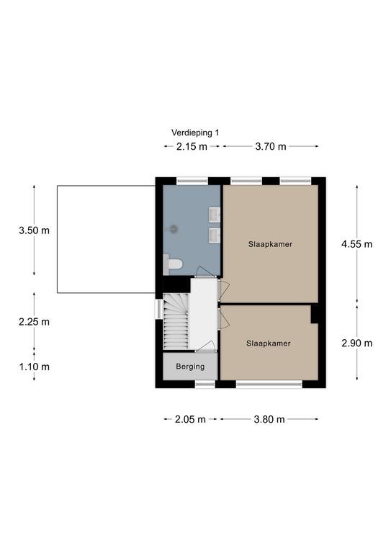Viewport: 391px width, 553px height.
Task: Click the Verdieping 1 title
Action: click(195, 132)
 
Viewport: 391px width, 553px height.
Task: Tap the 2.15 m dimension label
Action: click(192, 146)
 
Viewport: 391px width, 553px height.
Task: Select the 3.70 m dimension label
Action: click(271, 146)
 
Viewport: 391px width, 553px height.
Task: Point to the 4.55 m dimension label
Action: click(356, 244)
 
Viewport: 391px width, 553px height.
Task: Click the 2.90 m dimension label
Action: click(356, 343)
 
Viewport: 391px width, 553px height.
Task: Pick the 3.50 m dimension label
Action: click(34, 230)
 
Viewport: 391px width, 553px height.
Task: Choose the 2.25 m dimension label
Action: click(34, 322)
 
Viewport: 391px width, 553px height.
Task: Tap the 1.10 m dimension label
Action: click(34, 367)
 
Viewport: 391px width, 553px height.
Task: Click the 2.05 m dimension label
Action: click(190, 419)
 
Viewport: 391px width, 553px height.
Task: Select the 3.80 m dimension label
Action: click(269, 419)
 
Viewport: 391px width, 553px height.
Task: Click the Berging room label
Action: click(190, 367)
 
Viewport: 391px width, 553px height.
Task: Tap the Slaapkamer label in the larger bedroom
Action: click(271, 244)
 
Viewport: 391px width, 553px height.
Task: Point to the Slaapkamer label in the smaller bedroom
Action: click(269, 343)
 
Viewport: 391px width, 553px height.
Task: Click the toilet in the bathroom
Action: click(173, 264)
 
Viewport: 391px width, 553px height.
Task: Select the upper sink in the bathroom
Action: click(215, 215)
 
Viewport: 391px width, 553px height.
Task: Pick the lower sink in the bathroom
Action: click(215, 235)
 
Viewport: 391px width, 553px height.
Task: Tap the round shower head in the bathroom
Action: click(173, 229)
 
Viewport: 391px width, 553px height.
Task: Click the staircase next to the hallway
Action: click(176, 322)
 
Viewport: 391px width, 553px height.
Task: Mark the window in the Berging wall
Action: click(205, 384)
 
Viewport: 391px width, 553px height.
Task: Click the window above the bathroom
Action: click(192, 181)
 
